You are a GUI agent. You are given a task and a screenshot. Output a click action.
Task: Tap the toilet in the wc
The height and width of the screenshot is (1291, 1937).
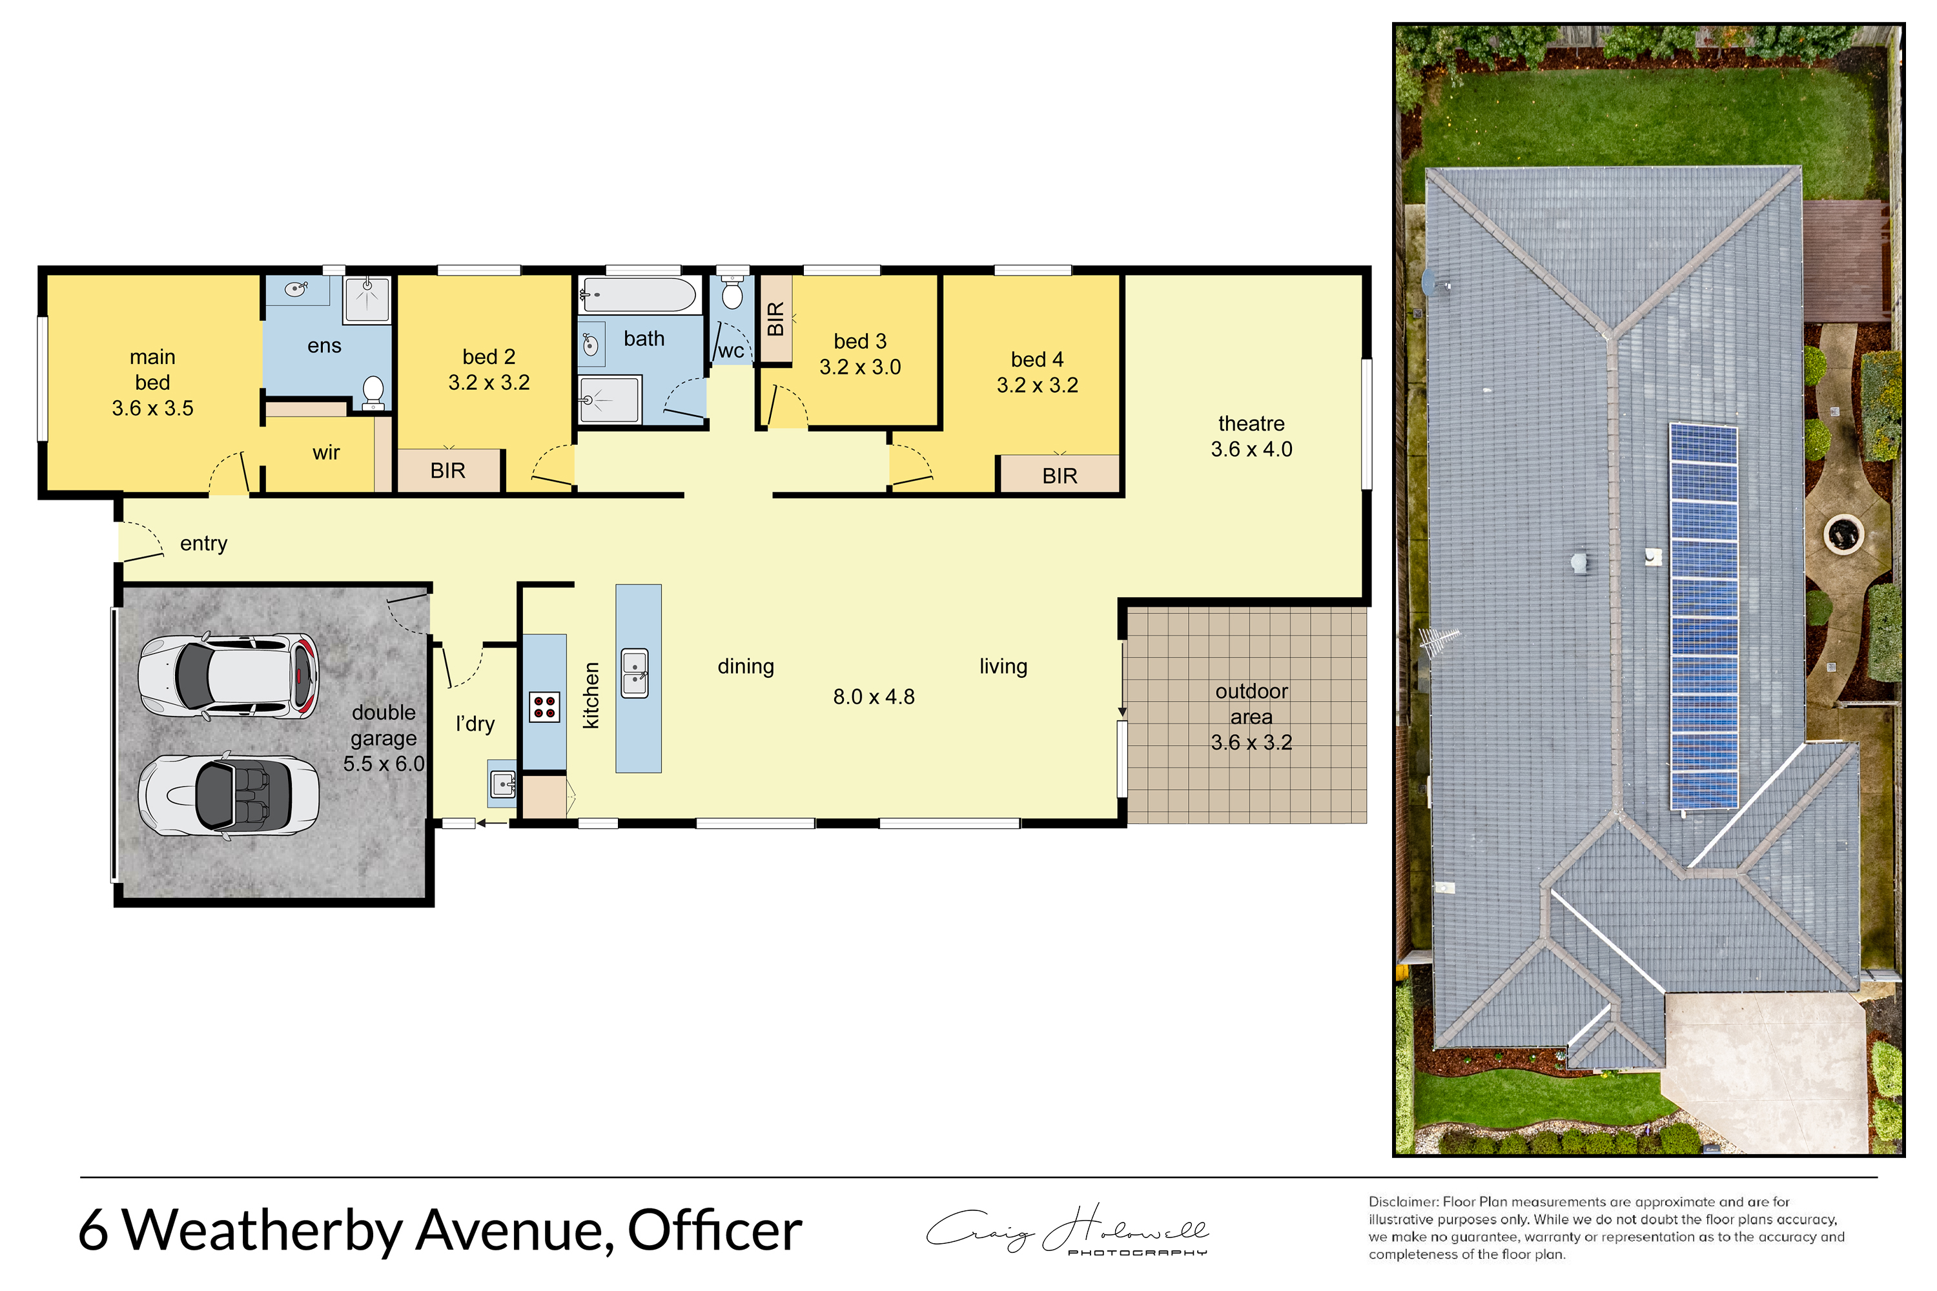[732, 292]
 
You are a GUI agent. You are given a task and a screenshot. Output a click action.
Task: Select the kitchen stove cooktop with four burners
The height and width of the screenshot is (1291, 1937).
[544, 706]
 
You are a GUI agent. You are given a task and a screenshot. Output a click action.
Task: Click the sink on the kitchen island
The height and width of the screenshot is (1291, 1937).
[635, 673]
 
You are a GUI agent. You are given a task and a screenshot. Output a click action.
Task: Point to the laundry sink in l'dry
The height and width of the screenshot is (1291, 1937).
[502, 785]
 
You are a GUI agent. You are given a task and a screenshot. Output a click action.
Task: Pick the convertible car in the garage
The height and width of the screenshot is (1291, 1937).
[228, 795]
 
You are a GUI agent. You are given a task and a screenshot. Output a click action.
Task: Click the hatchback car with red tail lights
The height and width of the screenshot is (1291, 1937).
[228, 675]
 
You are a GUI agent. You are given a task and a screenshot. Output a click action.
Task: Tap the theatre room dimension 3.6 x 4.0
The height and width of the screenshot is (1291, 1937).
[1251, 449]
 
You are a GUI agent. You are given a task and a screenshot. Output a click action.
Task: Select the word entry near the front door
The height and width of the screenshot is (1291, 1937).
[203, 544]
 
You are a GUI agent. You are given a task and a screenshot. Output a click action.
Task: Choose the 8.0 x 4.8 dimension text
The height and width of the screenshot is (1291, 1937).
[874, 696]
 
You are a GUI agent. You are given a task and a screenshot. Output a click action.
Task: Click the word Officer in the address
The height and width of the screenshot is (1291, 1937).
[715, 1230]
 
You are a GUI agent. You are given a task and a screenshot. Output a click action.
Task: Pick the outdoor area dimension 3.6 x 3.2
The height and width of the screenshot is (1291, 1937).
[1251, 742]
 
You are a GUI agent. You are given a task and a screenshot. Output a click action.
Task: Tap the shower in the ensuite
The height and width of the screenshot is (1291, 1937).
[367, 299]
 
